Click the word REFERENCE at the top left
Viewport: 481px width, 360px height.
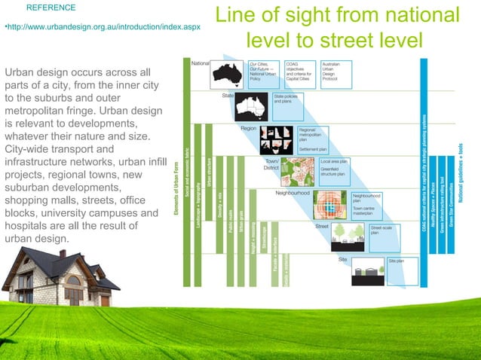51,8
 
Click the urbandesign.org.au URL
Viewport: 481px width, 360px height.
103,27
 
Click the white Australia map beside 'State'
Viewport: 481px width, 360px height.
251,108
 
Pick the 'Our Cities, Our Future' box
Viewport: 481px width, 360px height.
263,72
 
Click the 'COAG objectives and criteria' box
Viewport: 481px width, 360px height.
299,72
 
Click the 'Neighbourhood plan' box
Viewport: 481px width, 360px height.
368,198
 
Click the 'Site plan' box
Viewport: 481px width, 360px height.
400,261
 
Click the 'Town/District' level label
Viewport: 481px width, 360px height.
271,164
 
